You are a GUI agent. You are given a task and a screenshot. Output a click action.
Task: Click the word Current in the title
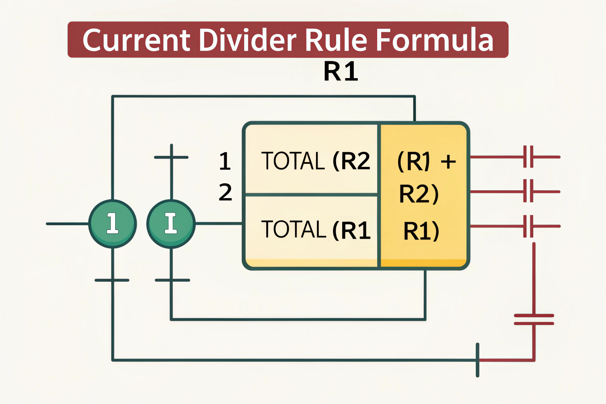(136, 40)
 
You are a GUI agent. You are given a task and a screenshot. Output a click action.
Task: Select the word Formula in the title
(434, 40)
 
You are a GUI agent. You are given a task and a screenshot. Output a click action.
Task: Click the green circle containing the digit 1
(112, 224)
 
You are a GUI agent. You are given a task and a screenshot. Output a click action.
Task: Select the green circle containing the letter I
(171, 224)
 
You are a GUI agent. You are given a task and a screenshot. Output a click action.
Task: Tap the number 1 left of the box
(225, 161)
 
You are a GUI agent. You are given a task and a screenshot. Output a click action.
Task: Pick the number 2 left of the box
(225, 192)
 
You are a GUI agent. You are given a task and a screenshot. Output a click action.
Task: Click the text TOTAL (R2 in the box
(316, 161)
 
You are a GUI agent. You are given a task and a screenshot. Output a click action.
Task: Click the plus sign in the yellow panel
(448, 161)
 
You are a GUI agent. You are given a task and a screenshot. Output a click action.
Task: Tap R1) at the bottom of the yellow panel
(421, 231)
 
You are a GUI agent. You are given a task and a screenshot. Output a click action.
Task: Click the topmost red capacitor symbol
(528, 157)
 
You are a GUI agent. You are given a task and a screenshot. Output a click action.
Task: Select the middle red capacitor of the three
(528, 191)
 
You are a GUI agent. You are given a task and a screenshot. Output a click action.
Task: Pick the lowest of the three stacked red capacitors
(528, 226)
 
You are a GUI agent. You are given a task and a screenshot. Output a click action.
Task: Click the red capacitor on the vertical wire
(534, 320)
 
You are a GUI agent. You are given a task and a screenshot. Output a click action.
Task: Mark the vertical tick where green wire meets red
(477, 360)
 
